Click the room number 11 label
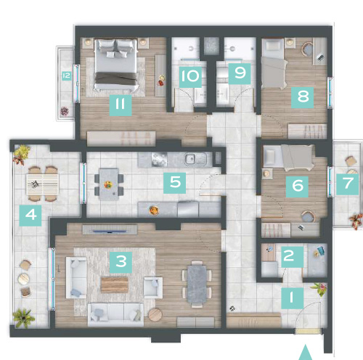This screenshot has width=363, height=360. pyautogui.click(x=121, y=105)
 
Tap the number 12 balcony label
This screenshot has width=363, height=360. pyautogui.click(x=67, y=76)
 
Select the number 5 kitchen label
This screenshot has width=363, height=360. pyautogui.click(x=175, y=183)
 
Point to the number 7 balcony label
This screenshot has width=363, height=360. pyautogui.click(x=347, y=184)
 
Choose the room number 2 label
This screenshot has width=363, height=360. pyautogui.click(x=292, y=257)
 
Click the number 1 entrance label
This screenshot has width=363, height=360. pyautogui.click(x=293, y=298)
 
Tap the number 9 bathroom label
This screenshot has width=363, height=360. pyautogui.click(x=240, y=73)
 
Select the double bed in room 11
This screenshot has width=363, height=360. pyautogui.click(x=117, y=65)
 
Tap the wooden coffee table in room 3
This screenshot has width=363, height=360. pyautogui.click(x=115, y=285)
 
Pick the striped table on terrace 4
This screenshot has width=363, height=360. pyautogui.click(x=43, y=184)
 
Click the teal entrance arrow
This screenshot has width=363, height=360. pyautogui.click(x=305, y=353)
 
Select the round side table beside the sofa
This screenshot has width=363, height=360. pyautogui.click(x=155, y=314)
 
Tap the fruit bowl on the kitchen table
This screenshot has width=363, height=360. pyautogui.click(x=108, y=185)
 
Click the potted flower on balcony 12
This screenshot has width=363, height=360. pyautogui.click(x=65, y=111)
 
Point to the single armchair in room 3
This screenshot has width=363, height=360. pyautogui.click(x=153, y=287)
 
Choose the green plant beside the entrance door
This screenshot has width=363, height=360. pyautogui.click(x=319, y=289)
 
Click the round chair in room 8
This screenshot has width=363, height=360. pyautogui.click(x=307, y=49)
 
